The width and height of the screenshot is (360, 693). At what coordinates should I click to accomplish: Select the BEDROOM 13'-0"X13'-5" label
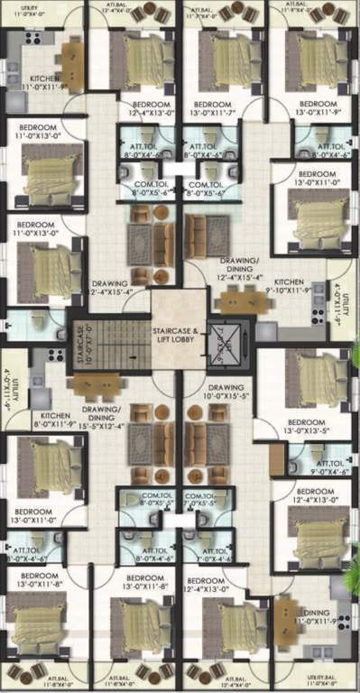point(312,428)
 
